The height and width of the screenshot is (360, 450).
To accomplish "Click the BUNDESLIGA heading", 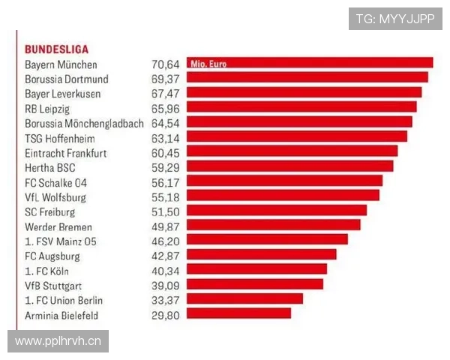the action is click(56, 49).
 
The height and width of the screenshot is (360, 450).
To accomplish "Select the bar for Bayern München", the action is click(310, 62).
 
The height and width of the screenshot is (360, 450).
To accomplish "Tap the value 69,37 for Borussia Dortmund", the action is click(166, 79).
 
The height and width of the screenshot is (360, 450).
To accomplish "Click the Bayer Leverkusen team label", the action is click(62, 94).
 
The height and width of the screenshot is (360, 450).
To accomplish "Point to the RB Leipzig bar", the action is click(301, 106).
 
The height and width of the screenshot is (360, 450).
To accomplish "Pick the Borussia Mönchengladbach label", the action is click(84, 124).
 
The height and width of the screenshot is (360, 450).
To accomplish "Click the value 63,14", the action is click(166, 138).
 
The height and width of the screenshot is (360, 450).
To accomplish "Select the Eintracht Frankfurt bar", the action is click(292, 151).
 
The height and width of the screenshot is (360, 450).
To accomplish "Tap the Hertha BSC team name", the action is click(50, 168).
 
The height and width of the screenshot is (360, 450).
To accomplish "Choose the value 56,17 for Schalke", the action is click(166, 183).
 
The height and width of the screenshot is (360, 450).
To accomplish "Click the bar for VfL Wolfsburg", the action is click(283, 195).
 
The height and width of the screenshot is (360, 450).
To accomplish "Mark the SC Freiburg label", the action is click(49, 212).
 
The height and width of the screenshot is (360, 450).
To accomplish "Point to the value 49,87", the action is click(166, 227).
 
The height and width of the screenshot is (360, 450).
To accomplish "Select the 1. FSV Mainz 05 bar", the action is click(267, 239).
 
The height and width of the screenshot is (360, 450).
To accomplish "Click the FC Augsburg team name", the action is click(52, 256).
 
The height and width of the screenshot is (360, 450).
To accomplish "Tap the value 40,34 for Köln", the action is click(166, 271).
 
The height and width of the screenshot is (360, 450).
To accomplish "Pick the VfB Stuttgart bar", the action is click(255, 284).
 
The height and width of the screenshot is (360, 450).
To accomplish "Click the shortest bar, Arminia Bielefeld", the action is click(238, 313).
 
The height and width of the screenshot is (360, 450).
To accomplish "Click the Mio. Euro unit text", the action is click(208, 64).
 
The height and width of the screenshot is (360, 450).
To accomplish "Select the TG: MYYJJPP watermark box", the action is click(395, 19).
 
